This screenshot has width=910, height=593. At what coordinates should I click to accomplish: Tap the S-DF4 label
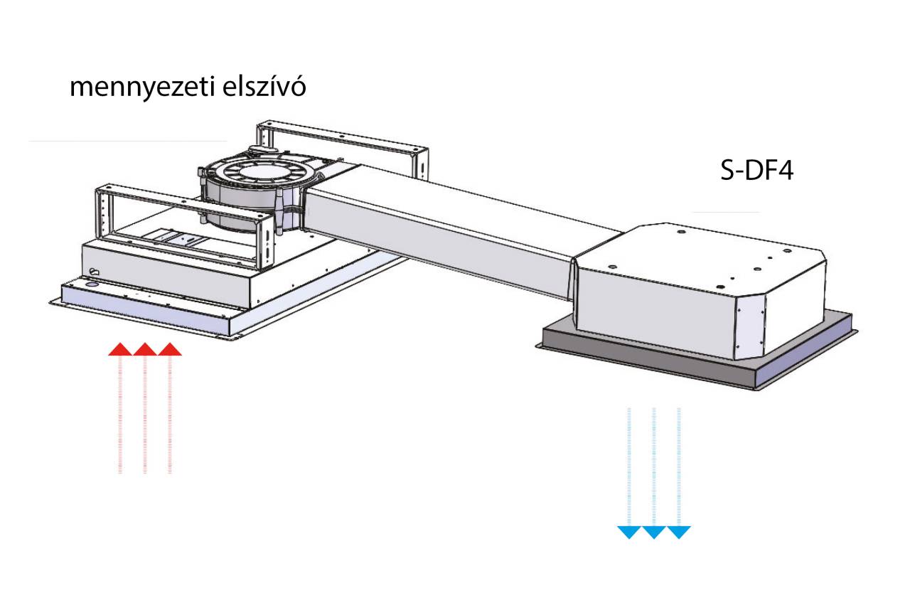click(756, 172)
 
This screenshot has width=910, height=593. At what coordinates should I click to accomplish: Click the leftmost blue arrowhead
click(628, 532)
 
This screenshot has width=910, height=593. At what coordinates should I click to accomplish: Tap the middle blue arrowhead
click(653, 532)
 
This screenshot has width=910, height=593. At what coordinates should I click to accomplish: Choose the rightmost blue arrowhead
click(679, 532)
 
